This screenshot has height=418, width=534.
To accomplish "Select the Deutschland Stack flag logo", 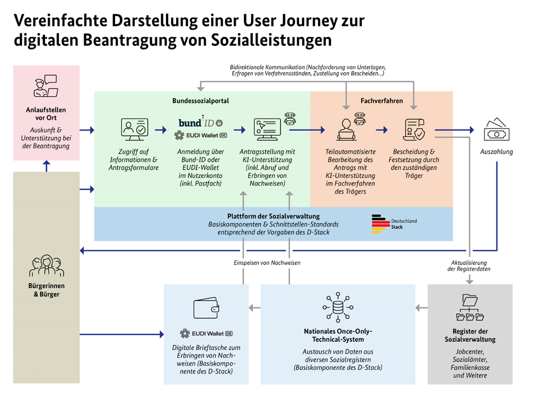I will [381, 224].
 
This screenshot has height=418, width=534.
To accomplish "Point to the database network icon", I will [338, 308].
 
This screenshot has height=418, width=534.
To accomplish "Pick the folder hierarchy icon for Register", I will [470, 308].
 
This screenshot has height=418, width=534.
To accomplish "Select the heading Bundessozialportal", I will [200, 101].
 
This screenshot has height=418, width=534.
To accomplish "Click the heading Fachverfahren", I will [381, 101].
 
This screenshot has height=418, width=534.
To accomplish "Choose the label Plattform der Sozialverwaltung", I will [273, 216].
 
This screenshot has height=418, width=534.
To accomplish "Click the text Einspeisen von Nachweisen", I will [266, 263].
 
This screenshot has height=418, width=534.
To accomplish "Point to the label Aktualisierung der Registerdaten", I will [469, 266].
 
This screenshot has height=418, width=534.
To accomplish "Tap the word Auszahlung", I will [496, 152].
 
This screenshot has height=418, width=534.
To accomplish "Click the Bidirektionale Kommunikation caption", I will [308, 71].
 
